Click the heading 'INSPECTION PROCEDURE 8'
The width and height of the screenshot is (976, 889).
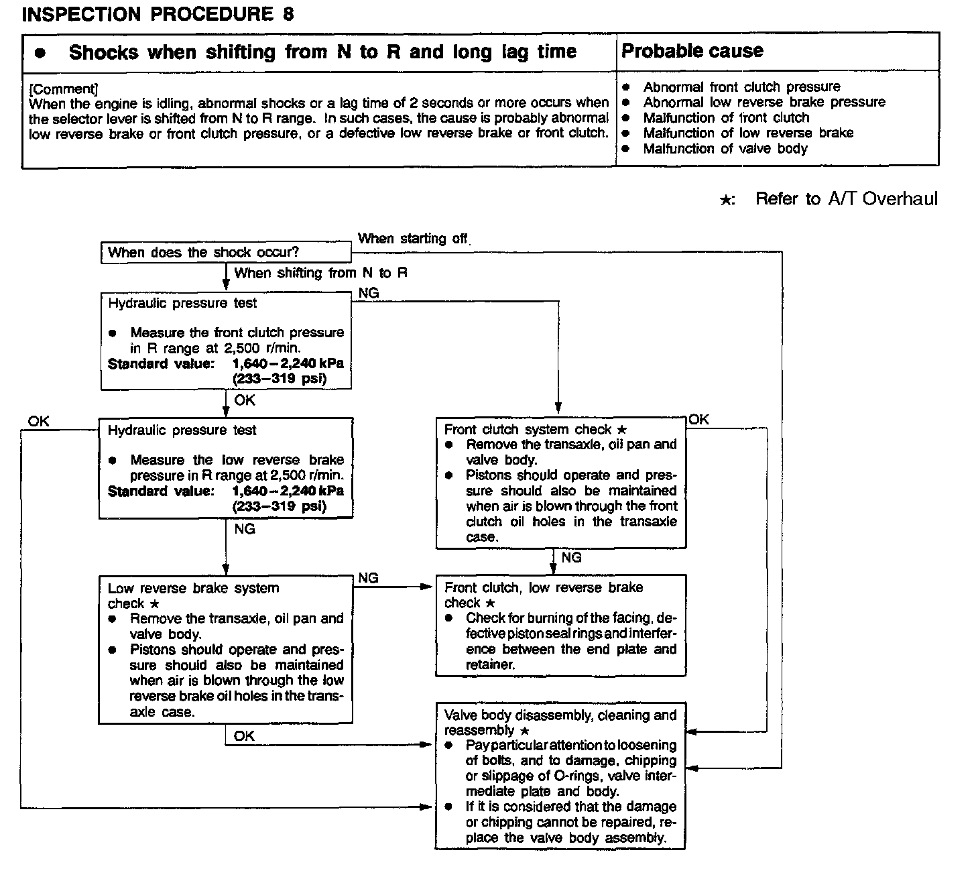(x=158, y=15)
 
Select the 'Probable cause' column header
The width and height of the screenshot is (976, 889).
(x=692, y=51)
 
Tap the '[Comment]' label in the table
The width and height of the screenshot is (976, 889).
(x=64, y=88)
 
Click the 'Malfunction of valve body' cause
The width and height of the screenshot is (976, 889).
(x=725, y=149)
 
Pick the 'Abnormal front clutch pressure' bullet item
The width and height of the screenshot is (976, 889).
(x=741, y=87)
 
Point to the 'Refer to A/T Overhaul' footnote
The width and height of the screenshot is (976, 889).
(x=846, y=199)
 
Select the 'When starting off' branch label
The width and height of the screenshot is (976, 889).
(x=412, y=239)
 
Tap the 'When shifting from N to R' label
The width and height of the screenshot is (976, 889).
(x=320, y=273)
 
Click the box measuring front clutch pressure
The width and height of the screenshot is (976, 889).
(x=226, y=341)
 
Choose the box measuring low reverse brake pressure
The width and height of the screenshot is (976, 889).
(x=226, y=468)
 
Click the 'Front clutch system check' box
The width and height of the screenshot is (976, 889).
(x=561, y=482)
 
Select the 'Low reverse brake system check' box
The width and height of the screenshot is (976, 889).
(x=226, y=649)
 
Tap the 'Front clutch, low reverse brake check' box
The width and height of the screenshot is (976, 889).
(x=561, y=625)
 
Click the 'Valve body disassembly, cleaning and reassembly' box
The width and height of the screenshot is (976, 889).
(x=560, y=776)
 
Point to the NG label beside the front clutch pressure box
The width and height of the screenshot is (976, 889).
(x=369, y=293)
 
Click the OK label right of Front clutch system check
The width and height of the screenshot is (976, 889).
(x=698, y=420)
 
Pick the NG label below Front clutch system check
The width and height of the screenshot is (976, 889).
(x=571, y=558)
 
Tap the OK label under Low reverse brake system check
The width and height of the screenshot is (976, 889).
(x=244, y=736)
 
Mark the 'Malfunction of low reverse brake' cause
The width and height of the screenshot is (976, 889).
(x=748, y=133)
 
